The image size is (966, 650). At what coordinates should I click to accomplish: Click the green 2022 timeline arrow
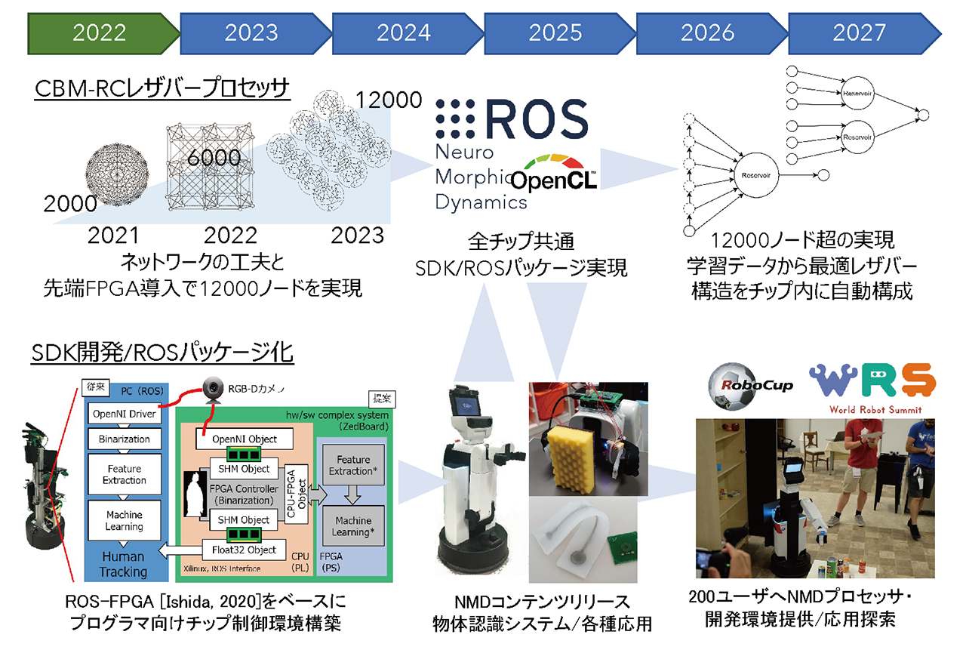(100, 32)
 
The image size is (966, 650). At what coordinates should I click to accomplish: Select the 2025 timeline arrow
(555, 32)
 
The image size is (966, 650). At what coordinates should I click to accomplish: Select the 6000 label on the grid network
(214, 158)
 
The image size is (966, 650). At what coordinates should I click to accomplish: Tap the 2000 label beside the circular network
(69, 203)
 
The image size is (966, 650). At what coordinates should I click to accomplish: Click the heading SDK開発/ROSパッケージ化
(162, 352)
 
